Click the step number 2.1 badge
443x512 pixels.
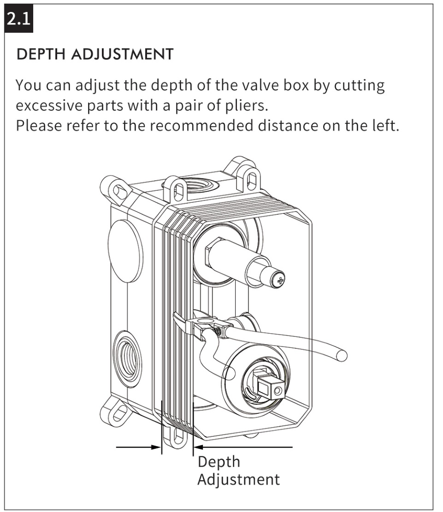point(18,18)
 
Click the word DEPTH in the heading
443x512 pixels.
point(41,54)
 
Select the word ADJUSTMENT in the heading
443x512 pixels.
point(122,54)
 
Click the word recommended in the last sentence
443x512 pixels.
point(201,125)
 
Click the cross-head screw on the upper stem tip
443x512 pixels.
point(280,280)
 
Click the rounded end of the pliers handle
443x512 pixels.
point(342,355)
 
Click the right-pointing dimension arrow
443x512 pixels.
point(138,447)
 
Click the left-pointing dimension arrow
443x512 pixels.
point(243,447)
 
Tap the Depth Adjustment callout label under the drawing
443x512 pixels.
point(239,471)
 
